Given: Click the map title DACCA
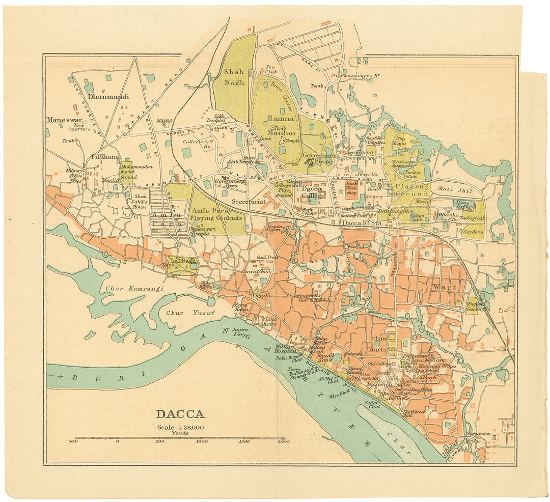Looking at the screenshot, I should (180, 414).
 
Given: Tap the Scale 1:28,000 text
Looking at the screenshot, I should (180, 427).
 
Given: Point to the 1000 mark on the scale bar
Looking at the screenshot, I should (202, 441).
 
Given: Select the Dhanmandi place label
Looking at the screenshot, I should (108, 96).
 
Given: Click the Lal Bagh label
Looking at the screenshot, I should (183, 261).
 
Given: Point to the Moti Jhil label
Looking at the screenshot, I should (455, 190).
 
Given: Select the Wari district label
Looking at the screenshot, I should (442, 287).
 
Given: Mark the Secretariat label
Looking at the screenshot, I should (249, 202).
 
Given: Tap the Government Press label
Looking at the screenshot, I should (230, 183).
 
